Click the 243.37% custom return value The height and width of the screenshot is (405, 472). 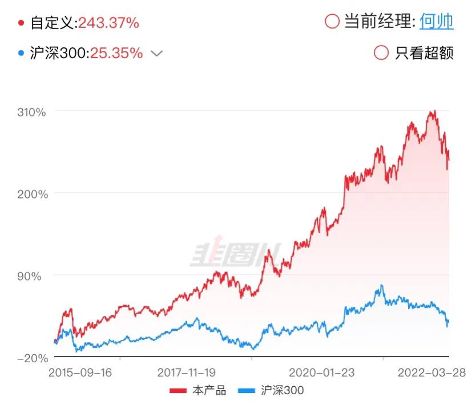pyautogui.click(x=108, y=23)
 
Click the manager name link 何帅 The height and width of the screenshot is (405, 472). pyautogui.click(x=436, y=22)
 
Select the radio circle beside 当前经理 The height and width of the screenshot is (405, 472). pyautogui.click(x=332, y=22)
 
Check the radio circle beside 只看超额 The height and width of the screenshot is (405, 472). pyautogui.click(x=381, y=52)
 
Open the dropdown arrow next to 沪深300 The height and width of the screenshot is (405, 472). pyautogui.click(x=156, y=54)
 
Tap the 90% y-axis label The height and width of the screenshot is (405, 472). pyautogui.click(x=34, y=276)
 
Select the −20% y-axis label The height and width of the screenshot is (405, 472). pyautogui.click(x=32, y=358)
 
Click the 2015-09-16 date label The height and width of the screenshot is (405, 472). pyautogui.click(x=80, y=372)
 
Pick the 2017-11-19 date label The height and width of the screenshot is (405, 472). pyautogui.click(x=186, y=372)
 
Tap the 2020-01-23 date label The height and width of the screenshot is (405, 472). pyautogui.click(x=322, y=372)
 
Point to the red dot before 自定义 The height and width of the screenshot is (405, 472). pyautogui.click(x=22, y=23)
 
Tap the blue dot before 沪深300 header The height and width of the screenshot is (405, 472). pyautogui.click(x=22, y=54)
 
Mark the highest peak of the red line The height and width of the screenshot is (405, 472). pyautogui.click(x=434, y=111)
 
